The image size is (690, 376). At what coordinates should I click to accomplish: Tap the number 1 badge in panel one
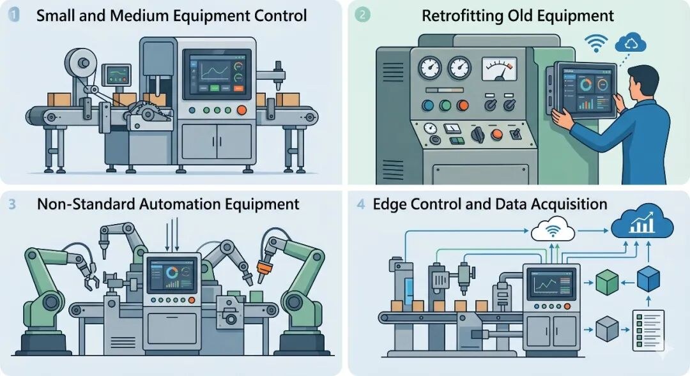14,15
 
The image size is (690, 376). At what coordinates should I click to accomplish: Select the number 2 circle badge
362,15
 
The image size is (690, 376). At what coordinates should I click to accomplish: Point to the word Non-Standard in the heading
86,204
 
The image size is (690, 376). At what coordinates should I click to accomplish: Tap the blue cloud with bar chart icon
641,223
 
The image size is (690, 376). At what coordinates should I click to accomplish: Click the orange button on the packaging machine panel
241,110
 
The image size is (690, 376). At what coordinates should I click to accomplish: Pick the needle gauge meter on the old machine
499,69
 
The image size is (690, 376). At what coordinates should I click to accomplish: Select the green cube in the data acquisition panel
607,282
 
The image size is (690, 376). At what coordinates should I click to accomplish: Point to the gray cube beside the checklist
608,329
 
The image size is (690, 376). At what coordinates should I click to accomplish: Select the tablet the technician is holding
583,90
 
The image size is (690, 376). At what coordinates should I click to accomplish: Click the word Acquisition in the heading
568,205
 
